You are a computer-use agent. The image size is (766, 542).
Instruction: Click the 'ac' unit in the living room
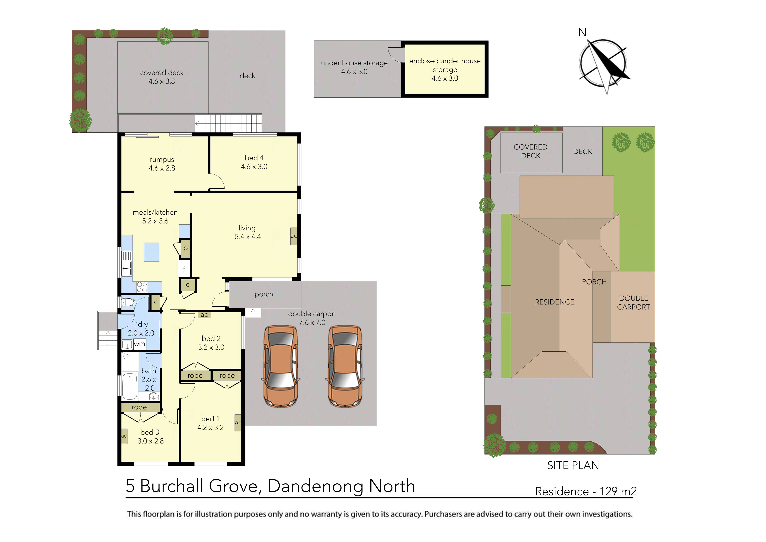(294, 236)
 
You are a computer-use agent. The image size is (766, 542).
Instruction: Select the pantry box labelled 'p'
(185, 248)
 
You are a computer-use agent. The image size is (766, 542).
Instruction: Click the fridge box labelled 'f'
(184, 269)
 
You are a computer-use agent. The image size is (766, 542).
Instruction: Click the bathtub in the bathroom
(129, 386)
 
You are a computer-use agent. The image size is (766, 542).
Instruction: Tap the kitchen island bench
(152, 252)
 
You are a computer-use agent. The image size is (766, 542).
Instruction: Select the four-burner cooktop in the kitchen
(142, 287)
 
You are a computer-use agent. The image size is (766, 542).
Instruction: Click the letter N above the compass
(582, 32)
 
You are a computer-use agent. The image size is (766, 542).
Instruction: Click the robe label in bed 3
(139, 407)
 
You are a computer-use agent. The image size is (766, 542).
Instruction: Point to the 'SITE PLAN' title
(573, 466)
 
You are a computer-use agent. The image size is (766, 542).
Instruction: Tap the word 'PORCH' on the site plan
(594, 282)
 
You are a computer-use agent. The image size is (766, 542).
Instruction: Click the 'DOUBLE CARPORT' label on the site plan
(633, 302)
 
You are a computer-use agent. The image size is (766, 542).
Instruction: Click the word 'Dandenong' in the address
(315, 486)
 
